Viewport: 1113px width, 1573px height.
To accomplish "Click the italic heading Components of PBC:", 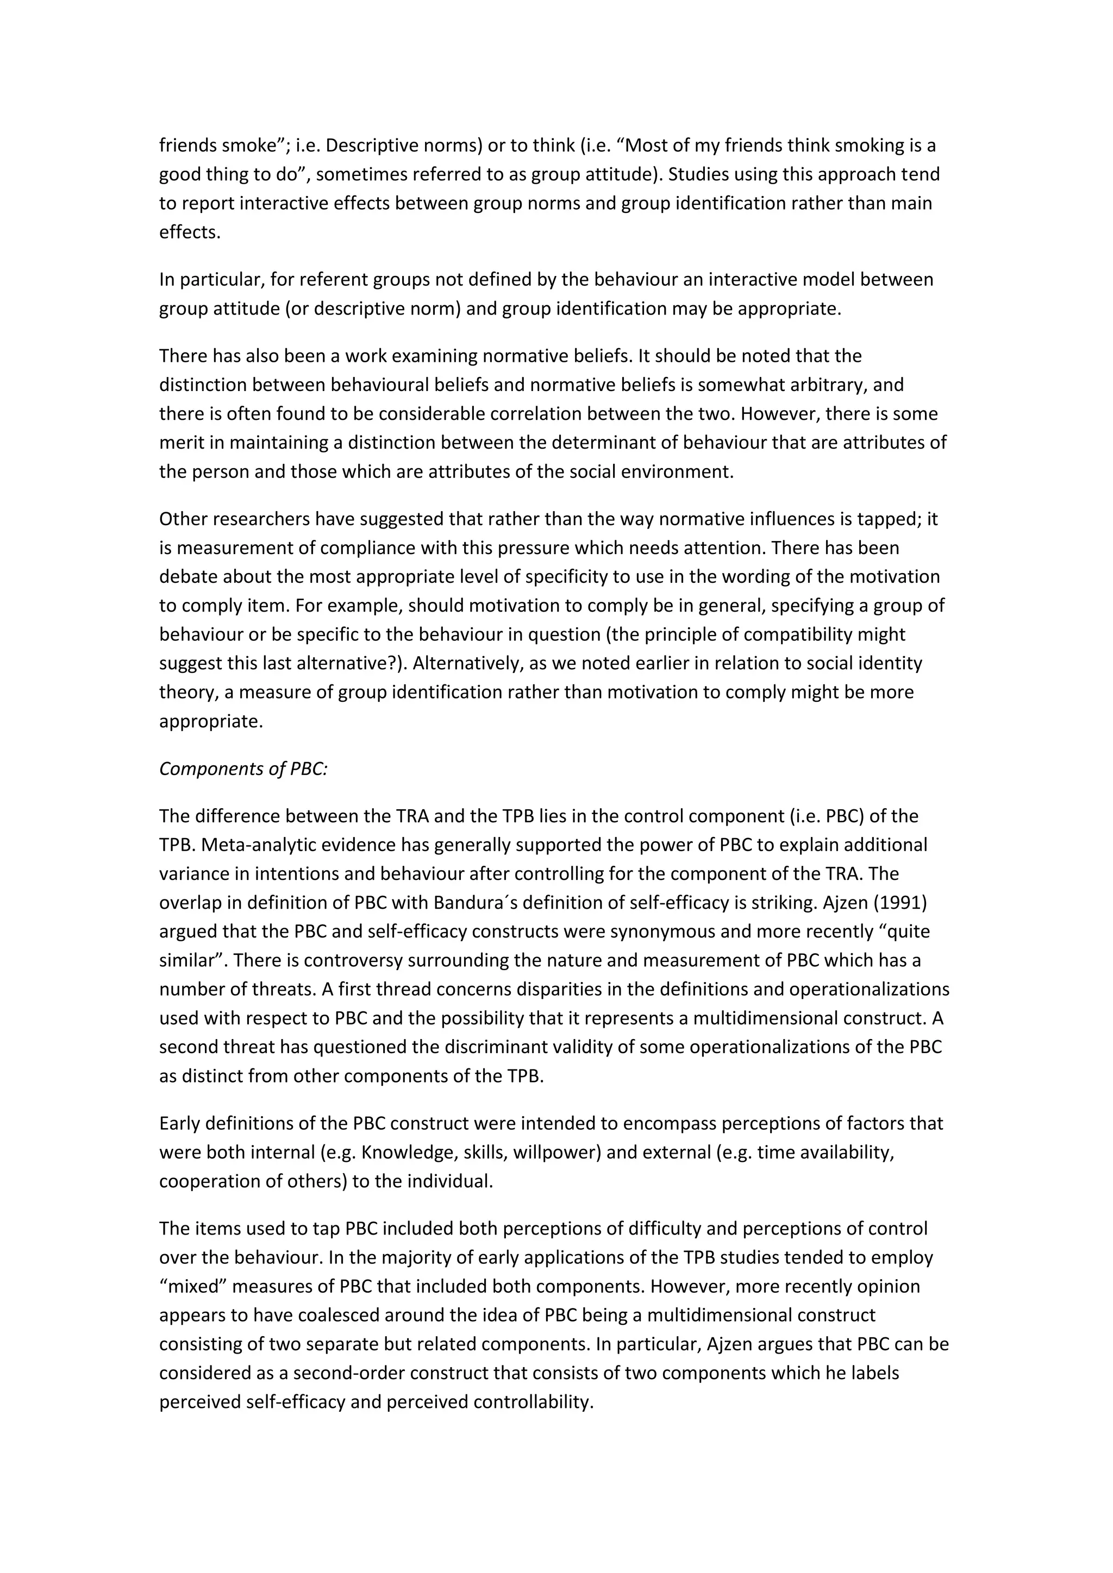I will pos(243,769).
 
